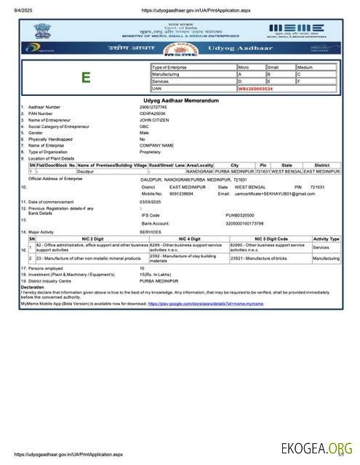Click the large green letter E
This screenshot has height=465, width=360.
click(x=86, y=78)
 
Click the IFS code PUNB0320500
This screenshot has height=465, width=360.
click(x=240, y=215)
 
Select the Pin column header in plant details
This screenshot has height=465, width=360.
click(x=263, y=165)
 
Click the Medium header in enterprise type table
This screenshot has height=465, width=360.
click(x=305, y=68)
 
